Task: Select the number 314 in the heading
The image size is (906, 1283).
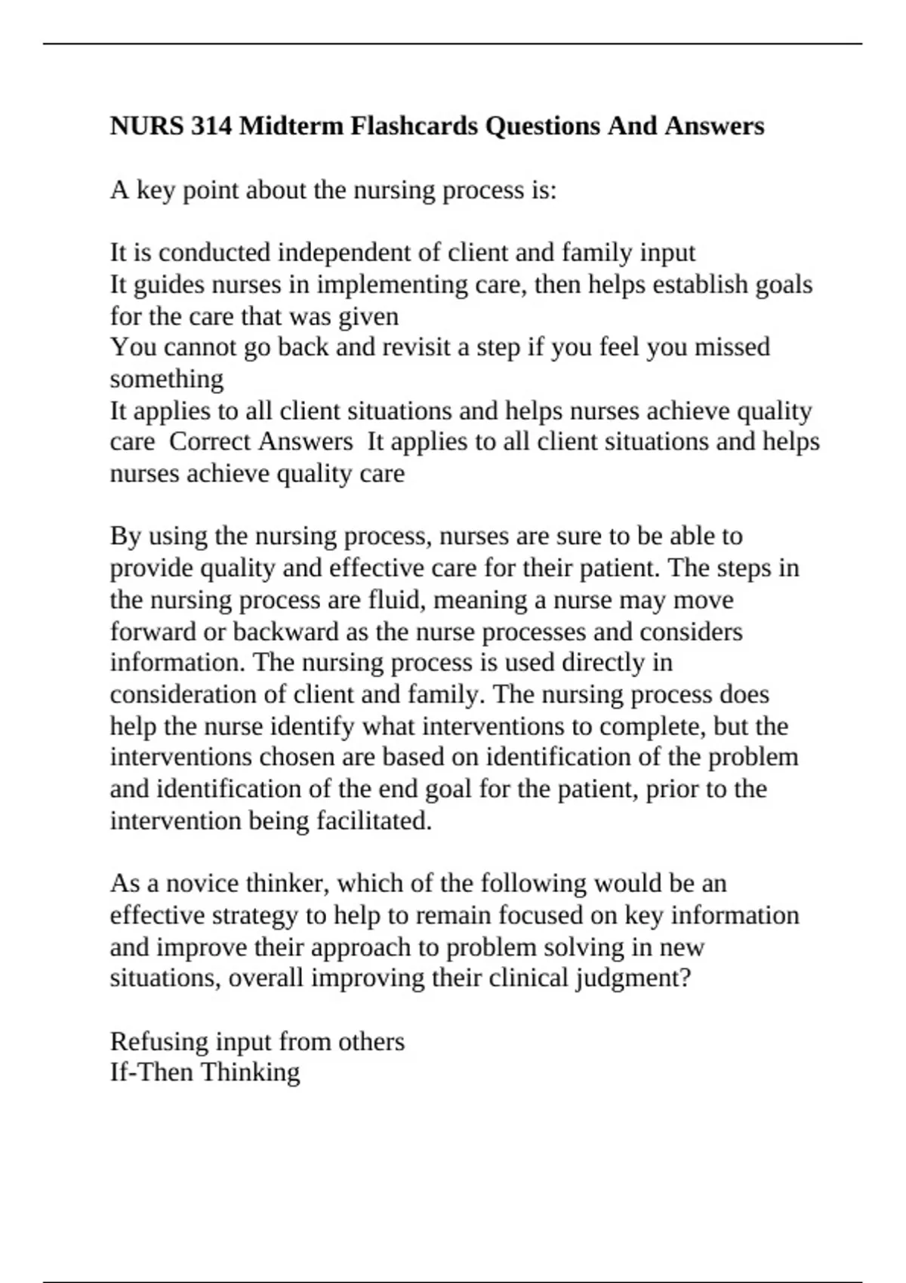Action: (x=211, y=125)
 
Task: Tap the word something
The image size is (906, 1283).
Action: (x=167, y=379)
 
